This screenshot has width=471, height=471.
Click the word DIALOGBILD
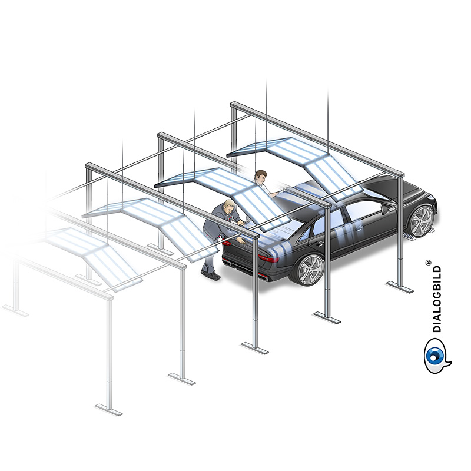437,299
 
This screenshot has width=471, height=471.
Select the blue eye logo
437,356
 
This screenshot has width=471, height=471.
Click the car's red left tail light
267,258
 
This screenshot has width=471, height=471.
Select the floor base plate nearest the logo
400,287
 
